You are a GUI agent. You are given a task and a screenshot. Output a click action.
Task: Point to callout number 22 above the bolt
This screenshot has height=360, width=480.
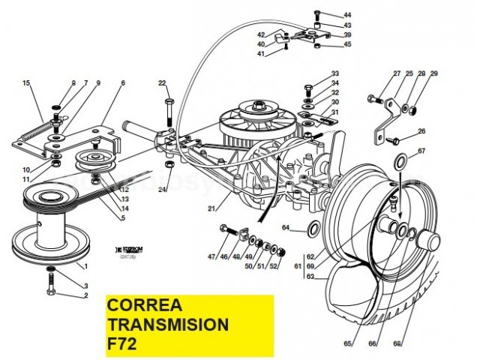pyautogui.click(x=162, y=82)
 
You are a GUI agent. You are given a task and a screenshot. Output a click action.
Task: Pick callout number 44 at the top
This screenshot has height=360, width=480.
pyautogui.click(x=347, y=15)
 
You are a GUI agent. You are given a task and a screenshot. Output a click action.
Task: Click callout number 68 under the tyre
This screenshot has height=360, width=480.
pyautogui.click(x=398, y=344)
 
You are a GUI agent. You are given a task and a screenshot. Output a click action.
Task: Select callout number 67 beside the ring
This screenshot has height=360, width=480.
pyautogui.click(x=421, y=151)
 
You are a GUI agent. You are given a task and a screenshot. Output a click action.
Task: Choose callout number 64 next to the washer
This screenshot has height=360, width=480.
pyautogui.click(x=286, y=227)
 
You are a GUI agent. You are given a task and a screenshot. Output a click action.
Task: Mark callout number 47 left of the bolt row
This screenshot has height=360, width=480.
pyautogui.click(x=212, y=258)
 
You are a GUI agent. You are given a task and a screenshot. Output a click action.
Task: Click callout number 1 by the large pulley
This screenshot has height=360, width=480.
pyautogui.click(x=86, y=266)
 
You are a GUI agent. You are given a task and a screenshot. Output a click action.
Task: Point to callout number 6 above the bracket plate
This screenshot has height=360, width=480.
pyautogui.click(x=122, y=82)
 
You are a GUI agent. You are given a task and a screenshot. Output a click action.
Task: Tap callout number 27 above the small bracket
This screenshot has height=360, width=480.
pyautogui.click(x=397, y=73)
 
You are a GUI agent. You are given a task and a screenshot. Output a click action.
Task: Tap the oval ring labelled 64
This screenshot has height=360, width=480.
pyautogui.click(x=316, y=227)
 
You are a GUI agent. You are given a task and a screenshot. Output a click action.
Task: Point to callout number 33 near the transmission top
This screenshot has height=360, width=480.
pyautogui.click(x=335, y=73)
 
